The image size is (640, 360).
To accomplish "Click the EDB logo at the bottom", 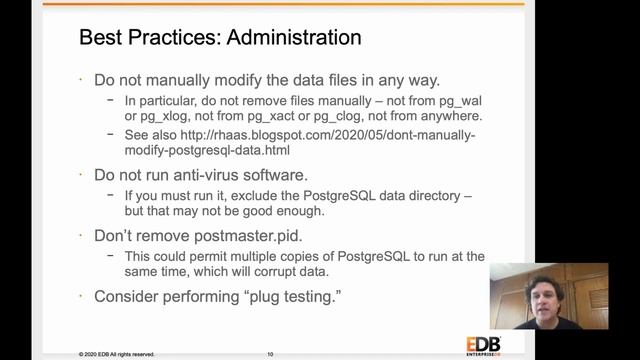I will point(482,345).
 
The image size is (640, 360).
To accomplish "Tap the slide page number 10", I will point(270,354).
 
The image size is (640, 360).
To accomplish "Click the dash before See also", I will point(110,135).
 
